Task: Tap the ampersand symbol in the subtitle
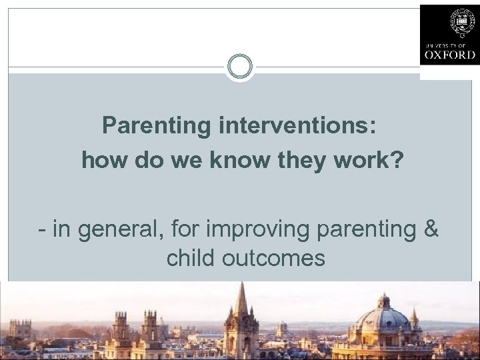pyautogui.click(x=431, y=230)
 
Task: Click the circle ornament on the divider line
pyautogui.click(x=239, y=67)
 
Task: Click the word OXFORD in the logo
pyautogui.click(x=449, y=55)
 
